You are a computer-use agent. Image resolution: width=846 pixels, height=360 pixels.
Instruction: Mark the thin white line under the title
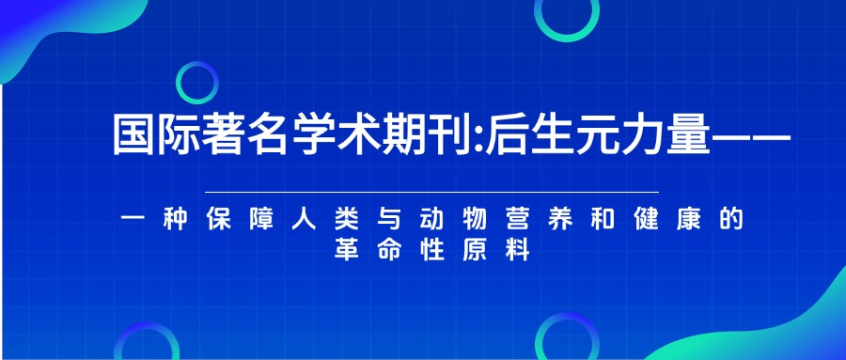423,191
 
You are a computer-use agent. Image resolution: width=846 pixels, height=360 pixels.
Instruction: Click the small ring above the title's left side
197,83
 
